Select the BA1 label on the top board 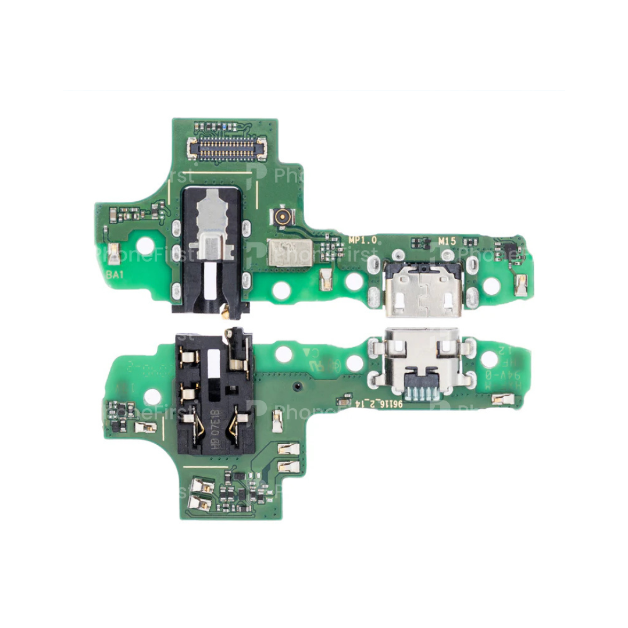coord(113,276)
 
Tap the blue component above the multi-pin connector coord(217,126)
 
